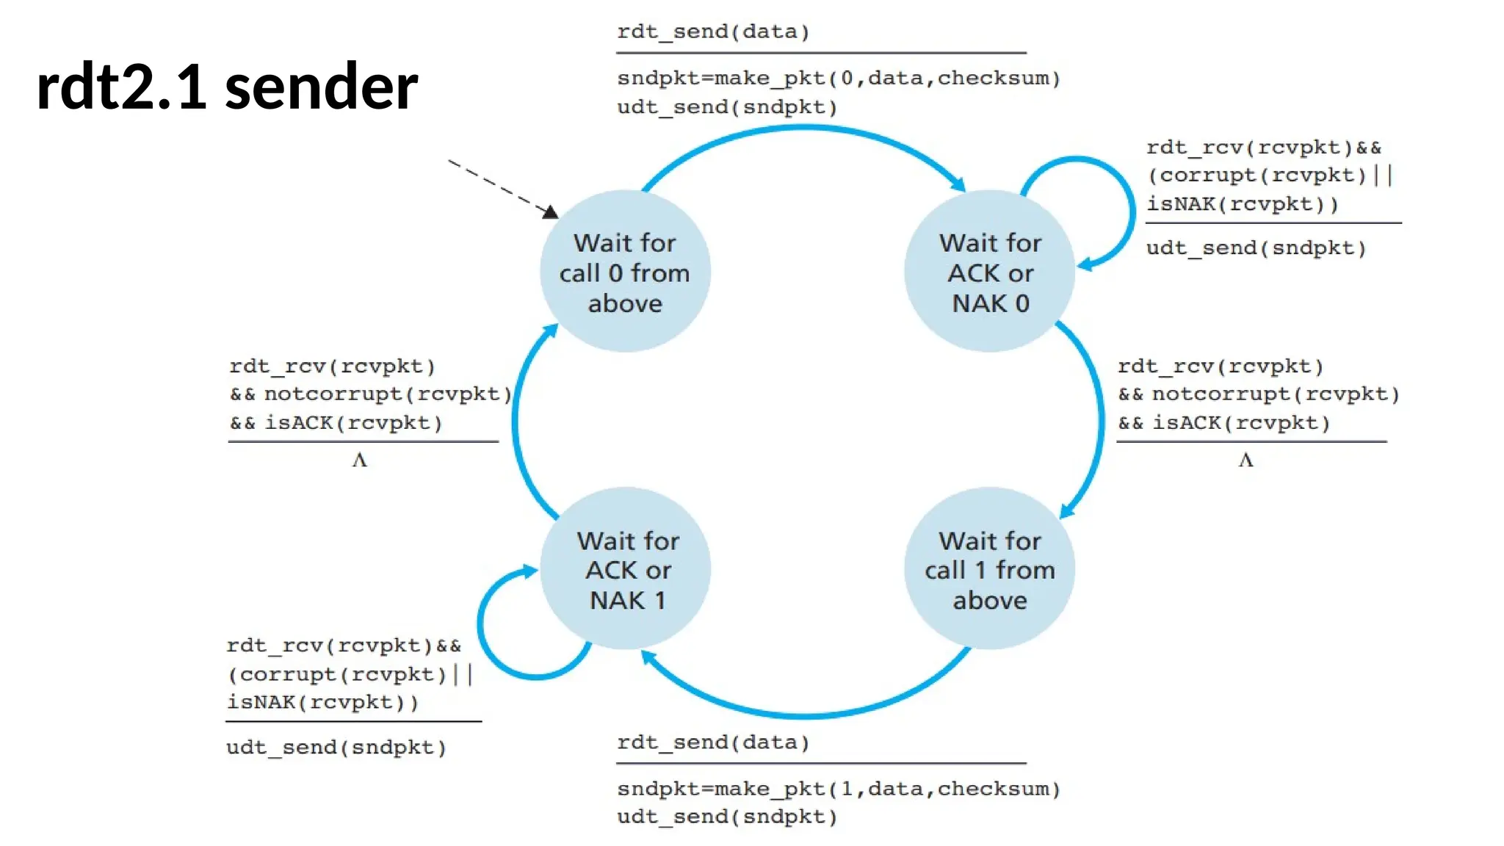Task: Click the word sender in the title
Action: pos(321,87)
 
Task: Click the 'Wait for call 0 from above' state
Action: pos(625,272)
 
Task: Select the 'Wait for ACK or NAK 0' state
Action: pos(990,272)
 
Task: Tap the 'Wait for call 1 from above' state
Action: pos(989,570)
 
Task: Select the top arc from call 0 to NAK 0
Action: pos(804,129)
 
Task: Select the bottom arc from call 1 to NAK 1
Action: pos(804,714)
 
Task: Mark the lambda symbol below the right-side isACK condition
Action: pos(1245,460)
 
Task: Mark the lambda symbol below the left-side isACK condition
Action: pos(359,460)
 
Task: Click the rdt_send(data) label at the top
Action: pos(712,32)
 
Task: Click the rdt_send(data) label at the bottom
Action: pos(712,742)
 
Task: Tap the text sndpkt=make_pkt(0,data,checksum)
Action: pos(838,78)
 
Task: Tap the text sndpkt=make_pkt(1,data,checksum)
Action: pos(838,789)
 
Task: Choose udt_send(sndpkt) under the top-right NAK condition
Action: pos(1256,247)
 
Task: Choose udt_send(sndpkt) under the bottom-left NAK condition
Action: pos(336,747)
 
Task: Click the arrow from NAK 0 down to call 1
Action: pos(1099,419)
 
